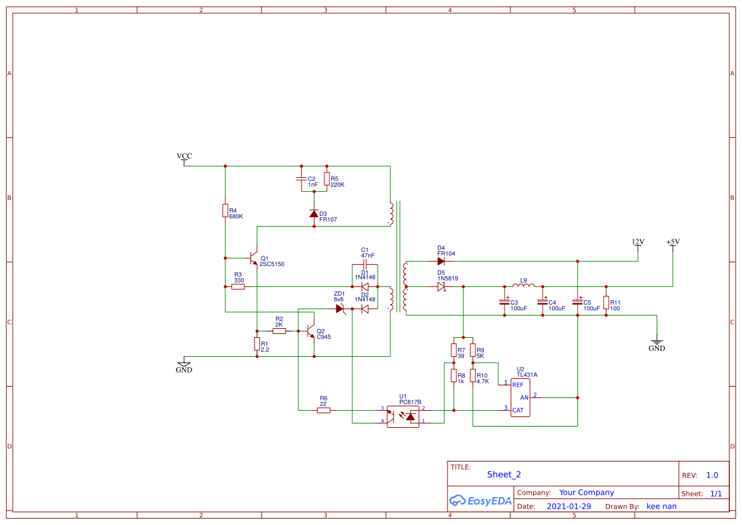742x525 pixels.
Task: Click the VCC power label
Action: point(184,156)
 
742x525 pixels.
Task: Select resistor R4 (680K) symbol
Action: point(225,211)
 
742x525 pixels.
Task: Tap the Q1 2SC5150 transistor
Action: point(255,259)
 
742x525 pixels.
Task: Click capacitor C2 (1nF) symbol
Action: point(301,179)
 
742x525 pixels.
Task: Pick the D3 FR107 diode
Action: point(314,214)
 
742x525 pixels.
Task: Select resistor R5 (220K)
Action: point(326,179)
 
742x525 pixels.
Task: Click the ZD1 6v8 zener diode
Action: point(340,309)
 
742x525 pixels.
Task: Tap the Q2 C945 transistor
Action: point(310,331)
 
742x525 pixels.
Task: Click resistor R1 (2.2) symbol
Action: point(256,344)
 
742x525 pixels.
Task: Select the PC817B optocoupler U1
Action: point(403,415)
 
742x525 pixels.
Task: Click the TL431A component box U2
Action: point(520,397)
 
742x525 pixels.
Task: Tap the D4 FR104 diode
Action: point(441,261)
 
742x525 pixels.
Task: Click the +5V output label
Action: point(673,243)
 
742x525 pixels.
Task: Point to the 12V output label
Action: point(638,243)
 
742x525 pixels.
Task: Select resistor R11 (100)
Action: point(606,302)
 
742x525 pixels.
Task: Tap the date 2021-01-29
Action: point(569,507)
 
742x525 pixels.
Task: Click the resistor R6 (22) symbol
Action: point(324,410)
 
